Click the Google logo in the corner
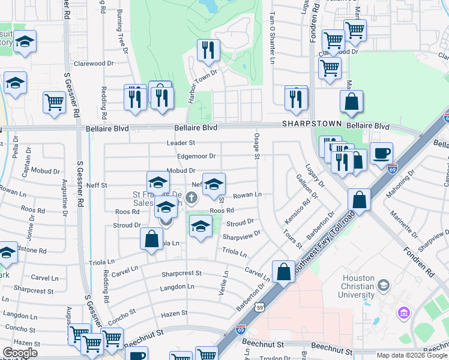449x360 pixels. (20, 353)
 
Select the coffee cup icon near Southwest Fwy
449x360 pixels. (381, 153)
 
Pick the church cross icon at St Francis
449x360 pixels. (191, 197)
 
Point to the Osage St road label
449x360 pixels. (256, 146)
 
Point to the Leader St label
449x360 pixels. (181, 143)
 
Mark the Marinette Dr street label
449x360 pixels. (403, 229)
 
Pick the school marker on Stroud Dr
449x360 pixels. (200, 226)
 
